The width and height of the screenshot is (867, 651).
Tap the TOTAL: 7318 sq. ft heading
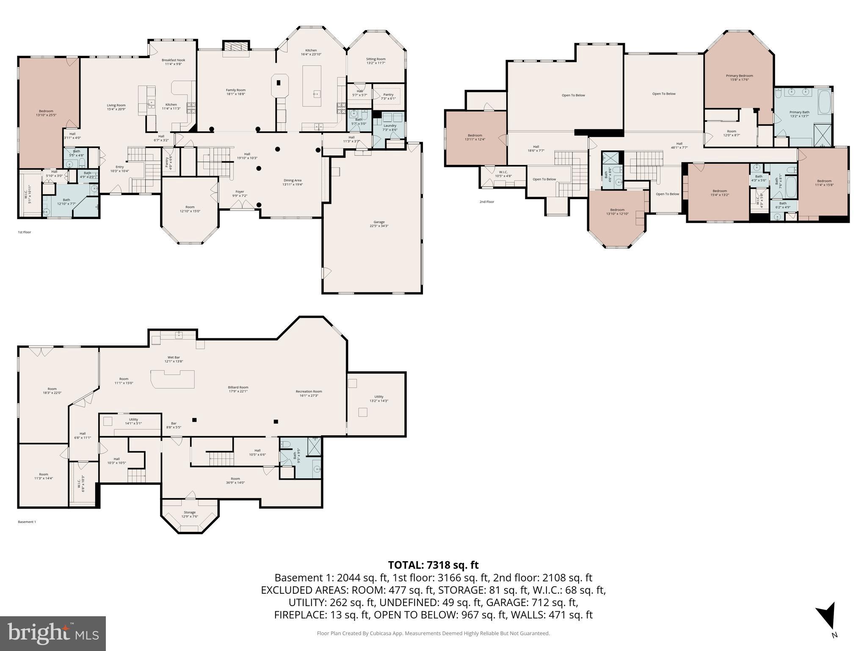[x=433, y=565]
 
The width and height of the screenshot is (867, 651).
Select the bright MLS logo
[x=53, y=633]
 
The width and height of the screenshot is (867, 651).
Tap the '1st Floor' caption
[x=24, y=232]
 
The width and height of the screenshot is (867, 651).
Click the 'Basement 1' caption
[x=27, y=522]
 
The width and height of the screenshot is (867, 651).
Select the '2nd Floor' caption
[x=486, y=202]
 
